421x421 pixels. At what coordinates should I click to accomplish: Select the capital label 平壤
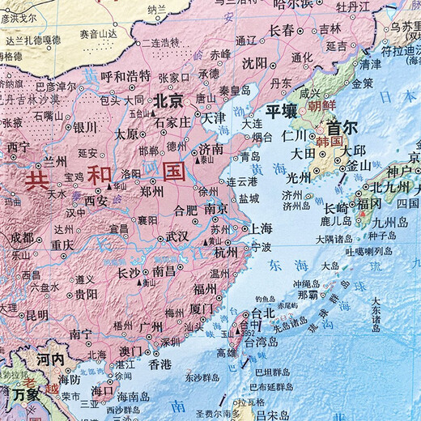[283, 111]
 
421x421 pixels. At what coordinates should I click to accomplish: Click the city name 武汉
[177, 236]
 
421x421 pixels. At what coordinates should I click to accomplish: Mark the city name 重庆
[62, 244]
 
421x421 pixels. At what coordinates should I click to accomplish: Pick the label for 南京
[215, 208]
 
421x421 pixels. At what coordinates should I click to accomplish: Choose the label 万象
[26, 394]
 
